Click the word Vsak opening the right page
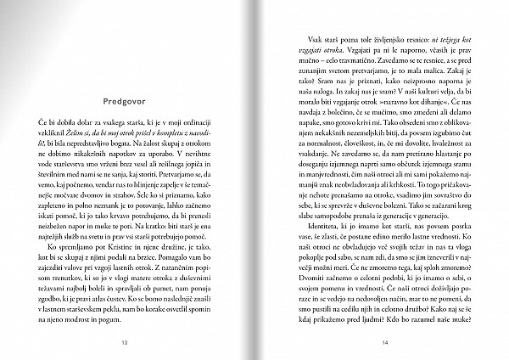302,40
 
